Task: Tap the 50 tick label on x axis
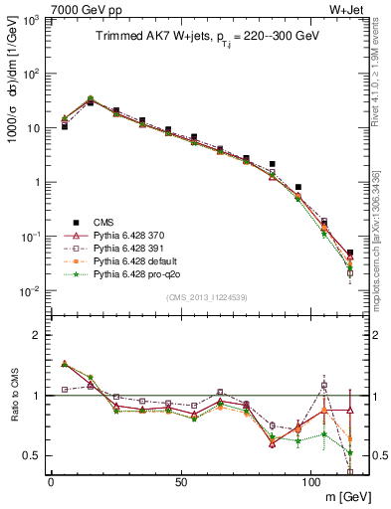pos(180,482)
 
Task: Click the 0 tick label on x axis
pos(51,482)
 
